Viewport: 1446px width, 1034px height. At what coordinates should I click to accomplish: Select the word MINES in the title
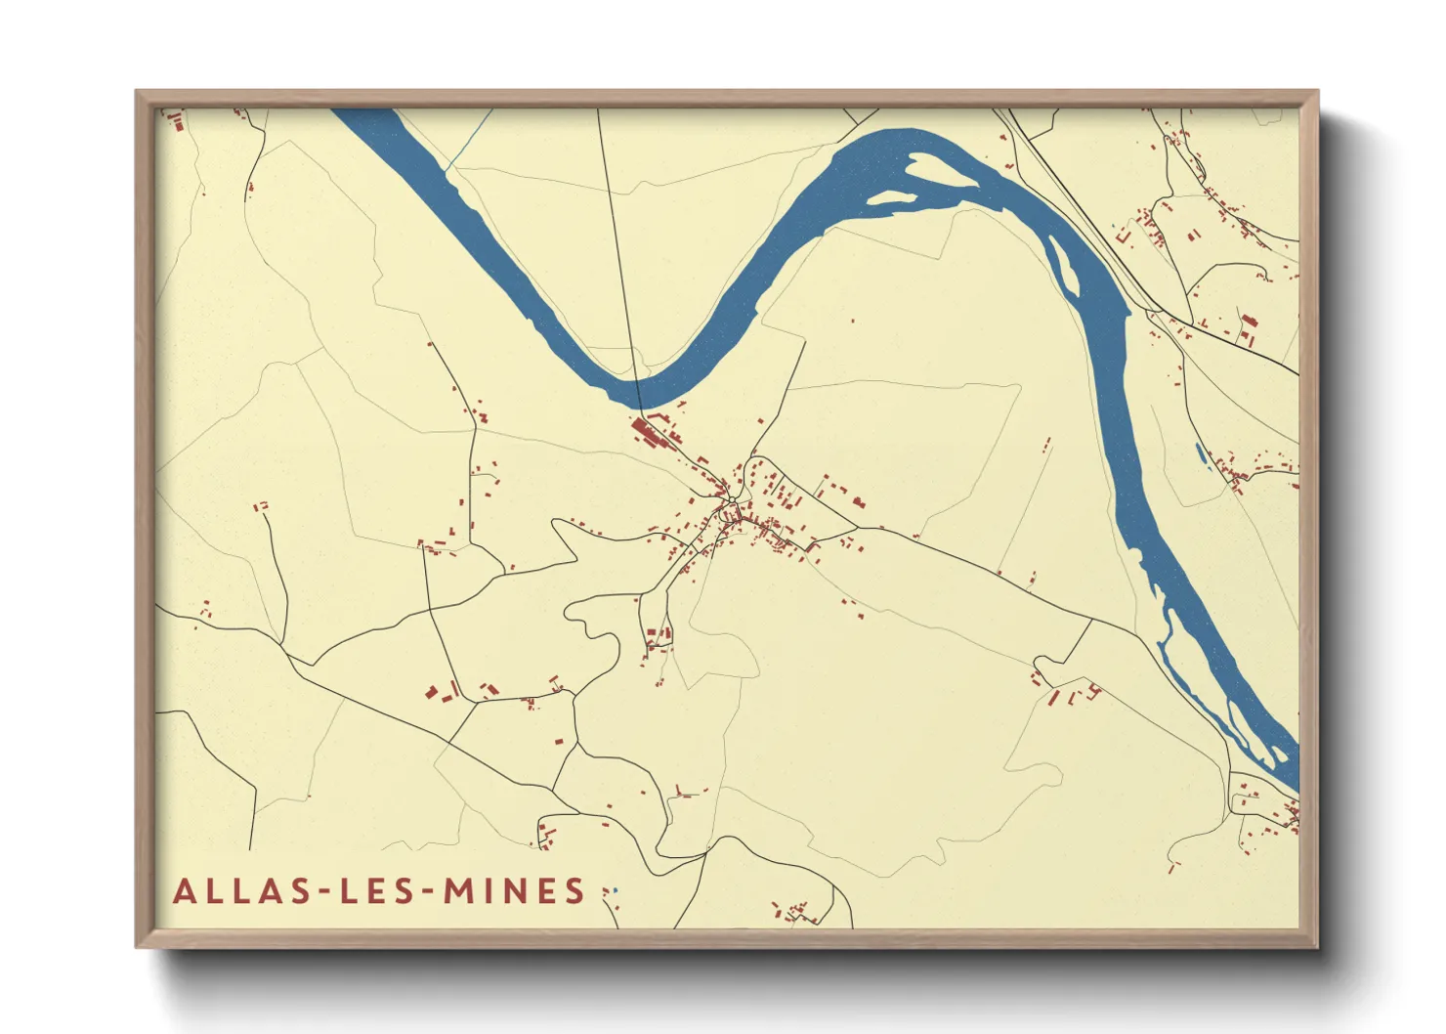click(x=514, y=891)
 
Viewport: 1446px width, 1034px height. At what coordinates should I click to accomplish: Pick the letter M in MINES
click(x=459, y=891)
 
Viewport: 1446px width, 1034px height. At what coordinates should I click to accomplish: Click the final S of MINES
click(x=574, y=891)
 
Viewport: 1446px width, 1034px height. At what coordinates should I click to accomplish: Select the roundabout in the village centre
click(x=731, y=502)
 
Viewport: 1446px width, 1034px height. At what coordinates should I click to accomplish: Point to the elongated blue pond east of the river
click(x=1201, y=454)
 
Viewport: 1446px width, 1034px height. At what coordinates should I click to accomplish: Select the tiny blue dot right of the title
click(x=615, y=890)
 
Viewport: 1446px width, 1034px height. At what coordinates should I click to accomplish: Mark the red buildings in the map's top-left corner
click(x=177, y=120)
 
